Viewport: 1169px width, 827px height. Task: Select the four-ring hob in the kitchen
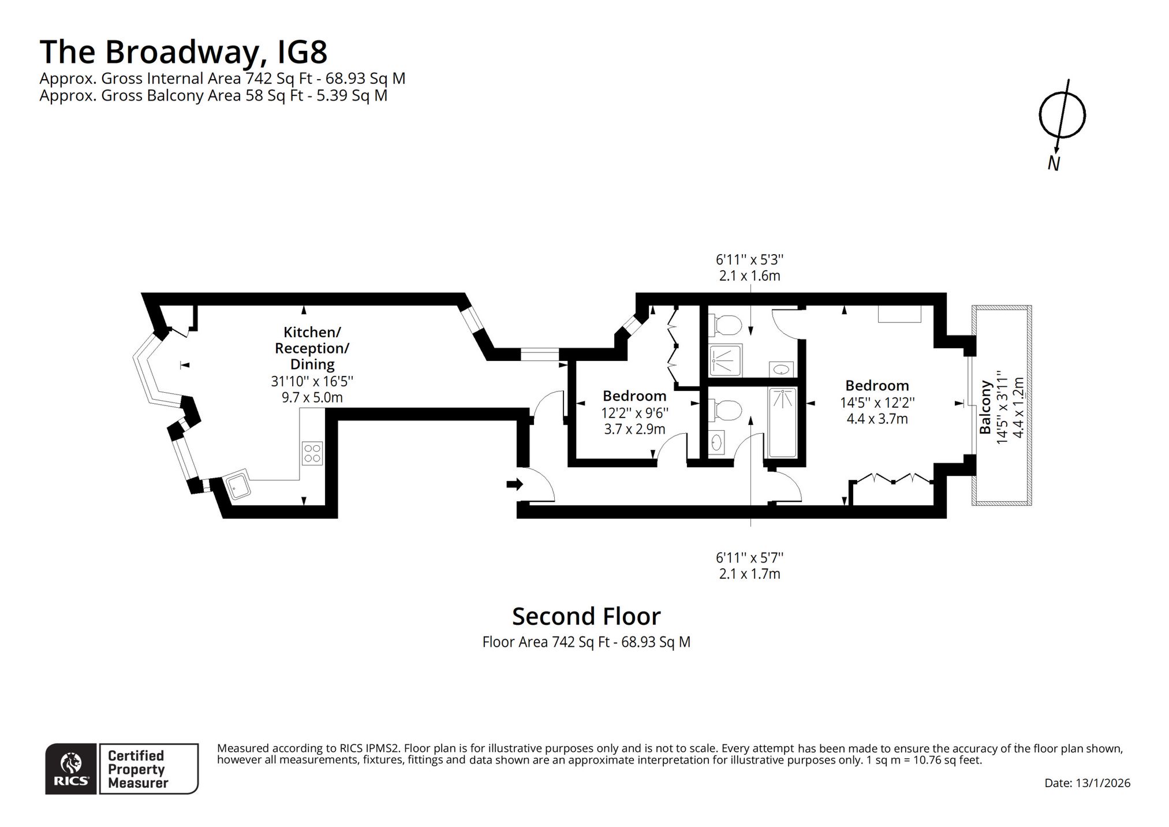pyautogui.click(x=312, y=452)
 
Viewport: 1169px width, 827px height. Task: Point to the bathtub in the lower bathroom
pyautogui.click(x=782, y=422)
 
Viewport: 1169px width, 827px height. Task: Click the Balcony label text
pyautogui.click(x=985, y=407)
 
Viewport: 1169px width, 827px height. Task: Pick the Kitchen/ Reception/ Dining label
pyautogui.click(x=312, y=348)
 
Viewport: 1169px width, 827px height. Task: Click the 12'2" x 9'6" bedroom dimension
pyautogui.click(x=634, y=413)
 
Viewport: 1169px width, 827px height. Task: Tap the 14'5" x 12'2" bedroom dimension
pyautogui.click(x=877, y=403)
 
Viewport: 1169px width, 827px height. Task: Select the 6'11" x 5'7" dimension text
pyautogui.click(x=749, y=557)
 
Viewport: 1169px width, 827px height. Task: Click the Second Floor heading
pyautogui.click(x=586, y=616)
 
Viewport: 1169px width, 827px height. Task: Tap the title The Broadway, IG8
pyautogui.click(x=184, y=51)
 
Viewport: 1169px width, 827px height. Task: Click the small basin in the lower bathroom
pyautogui.click(x=716, y=442)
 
